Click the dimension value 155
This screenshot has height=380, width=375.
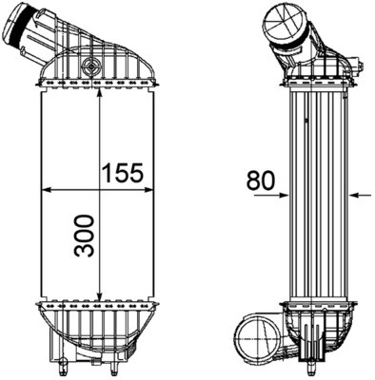tap(122, 172)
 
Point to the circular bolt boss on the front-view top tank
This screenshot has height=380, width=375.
tap(91, 66)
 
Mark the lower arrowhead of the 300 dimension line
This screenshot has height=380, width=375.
tap(100, 297)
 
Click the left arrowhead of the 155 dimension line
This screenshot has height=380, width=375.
tap(44, 191)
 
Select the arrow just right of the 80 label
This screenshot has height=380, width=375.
tap(283, 196)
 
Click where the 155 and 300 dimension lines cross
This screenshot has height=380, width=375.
tap(100, 191)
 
